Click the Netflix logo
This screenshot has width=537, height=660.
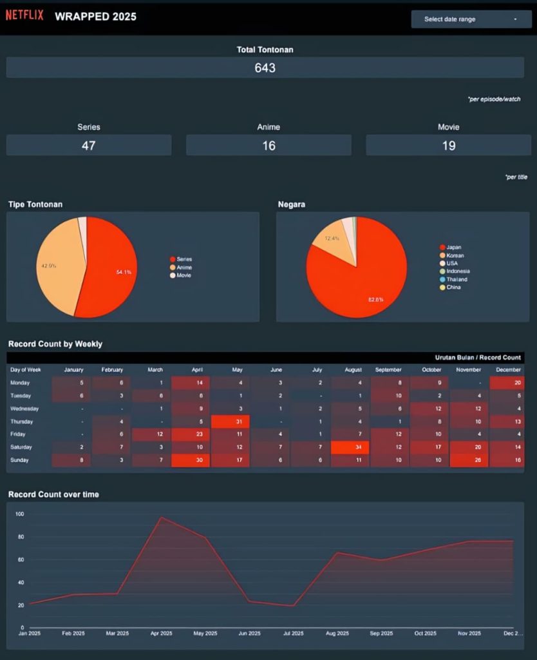[x=24, y=15]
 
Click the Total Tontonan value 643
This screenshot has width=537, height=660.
[x=265, y=68]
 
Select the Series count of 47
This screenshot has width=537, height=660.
[x=88, y=146]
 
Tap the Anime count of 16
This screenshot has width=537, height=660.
[x=268, y=146]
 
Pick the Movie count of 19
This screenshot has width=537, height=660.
[x=448, y=146]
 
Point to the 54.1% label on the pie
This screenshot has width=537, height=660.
[x=124, y=273]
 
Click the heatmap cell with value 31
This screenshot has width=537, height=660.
[x=231, y=422]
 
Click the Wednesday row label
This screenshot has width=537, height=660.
[x=24, y=409]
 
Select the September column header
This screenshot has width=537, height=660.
[x=388, y=370]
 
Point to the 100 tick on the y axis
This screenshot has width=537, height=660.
[x=19, y=514]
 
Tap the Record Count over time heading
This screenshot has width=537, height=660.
[x=53, y=494]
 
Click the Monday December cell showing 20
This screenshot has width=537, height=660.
[x=507, y=383]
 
